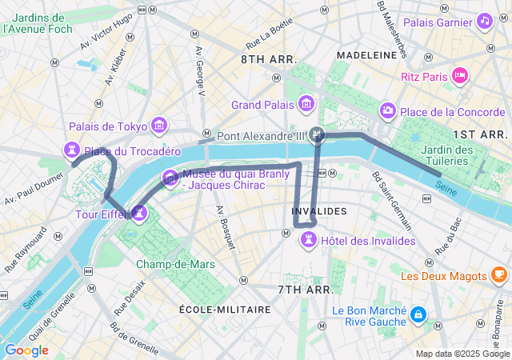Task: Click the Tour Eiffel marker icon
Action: (x=139, y=213)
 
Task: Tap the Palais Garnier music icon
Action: (x=483, y=22)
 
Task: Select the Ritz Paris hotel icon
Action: (x=459, y=76)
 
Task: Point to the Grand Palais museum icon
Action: (x=306, y=105)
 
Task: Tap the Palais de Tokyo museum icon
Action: (x=159, y=126)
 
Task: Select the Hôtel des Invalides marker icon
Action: (x=306, y=239)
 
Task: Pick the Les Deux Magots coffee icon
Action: (x=498, y=275)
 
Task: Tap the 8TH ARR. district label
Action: (x=269, y=59)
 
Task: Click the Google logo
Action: (x=26, y=350)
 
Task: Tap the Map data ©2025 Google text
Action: (x=462, y=354)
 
